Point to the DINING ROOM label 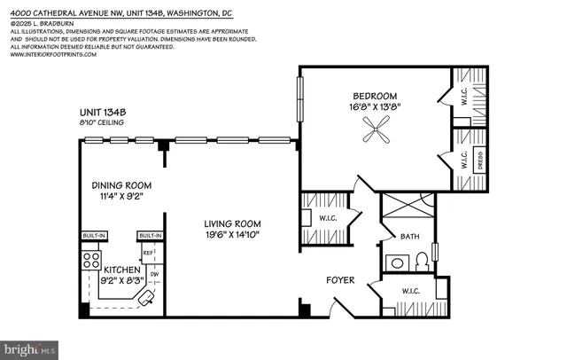pyautogui.click(x=122, y=185)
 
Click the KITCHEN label pyautogui.click(x=122, y=269)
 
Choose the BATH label pyautogui.click(x=408, y=237)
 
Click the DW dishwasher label pyautogui.click(x=154, y=275)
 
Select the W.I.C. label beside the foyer pyautogui.click(x=409, y=292)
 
